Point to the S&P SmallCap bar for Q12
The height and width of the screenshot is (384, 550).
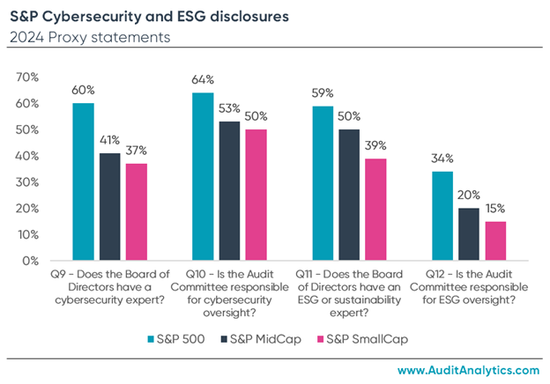(x=495, y=241)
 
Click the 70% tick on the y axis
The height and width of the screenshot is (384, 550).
(x=28, y=78)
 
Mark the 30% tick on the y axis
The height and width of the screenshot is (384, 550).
(x=28, y=182)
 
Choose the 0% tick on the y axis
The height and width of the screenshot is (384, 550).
(x=32, y=261)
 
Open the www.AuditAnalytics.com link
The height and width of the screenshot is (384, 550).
(x=466, y=371)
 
